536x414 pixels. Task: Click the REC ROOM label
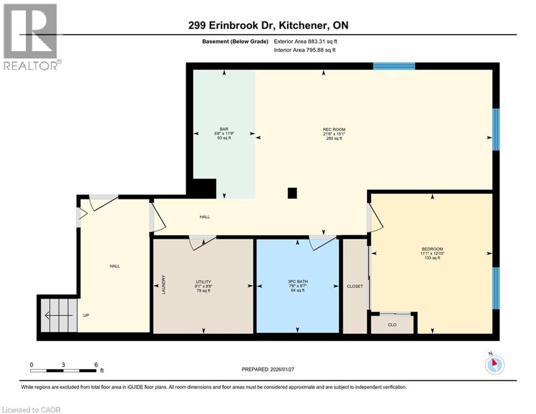point(334,129)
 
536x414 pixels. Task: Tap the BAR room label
point(224,129)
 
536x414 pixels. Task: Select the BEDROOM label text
point(432,249)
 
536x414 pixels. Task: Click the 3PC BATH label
point(298,281)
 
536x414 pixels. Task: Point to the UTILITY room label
point(203,281)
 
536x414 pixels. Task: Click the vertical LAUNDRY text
point(163,285)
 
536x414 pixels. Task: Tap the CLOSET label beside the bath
point(354,286)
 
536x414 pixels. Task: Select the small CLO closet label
point(392,325)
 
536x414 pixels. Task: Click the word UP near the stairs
point(86,315)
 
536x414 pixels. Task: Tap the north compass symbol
point(494,364)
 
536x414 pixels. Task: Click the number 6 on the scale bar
point(96,364)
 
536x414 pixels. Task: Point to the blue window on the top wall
point(394,66)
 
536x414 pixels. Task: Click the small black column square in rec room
point(292,192)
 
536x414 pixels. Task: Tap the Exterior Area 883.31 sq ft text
point(305,42)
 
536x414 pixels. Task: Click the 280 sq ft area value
point(334,139)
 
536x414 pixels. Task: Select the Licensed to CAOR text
point(31,410)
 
